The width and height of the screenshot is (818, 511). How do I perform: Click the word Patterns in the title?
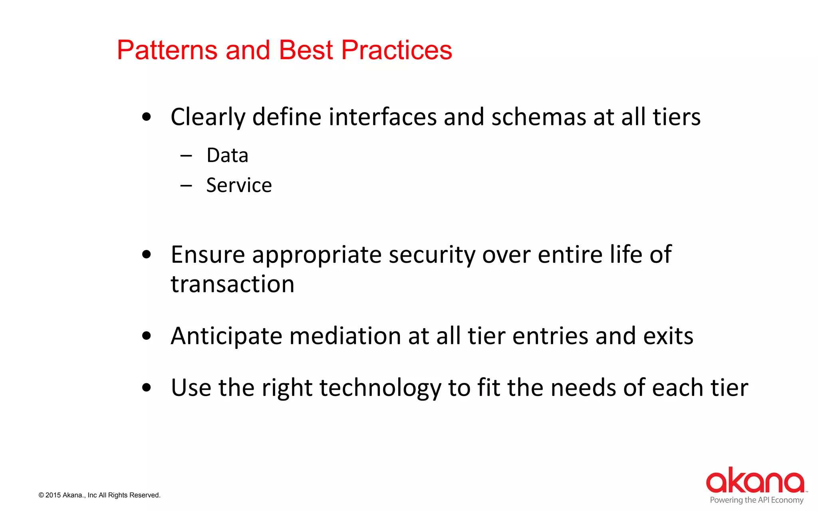(167, 50)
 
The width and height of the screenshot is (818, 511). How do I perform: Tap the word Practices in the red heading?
(396, 50)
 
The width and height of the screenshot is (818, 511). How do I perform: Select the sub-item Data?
(227, 155)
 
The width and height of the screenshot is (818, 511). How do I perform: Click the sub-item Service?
(239, 185)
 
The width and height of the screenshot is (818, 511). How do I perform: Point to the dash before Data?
(186, 156)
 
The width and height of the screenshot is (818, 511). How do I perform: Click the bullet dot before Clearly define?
(147, 117)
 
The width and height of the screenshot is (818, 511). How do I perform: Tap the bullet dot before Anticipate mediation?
(147, 336)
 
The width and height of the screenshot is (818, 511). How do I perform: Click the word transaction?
(232, 284)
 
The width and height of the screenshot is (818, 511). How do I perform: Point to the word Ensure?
(207, 255)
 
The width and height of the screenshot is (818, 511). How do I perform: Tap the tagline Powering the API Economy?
(756, 500)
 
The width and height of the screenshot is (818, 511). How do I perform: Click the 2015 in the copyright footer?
(53, 495)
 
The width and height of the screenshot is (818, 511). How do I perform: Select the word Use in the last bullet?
(191, 388)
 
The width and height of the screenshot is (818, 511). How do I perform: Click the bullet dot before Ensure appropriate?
(147, 255)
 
